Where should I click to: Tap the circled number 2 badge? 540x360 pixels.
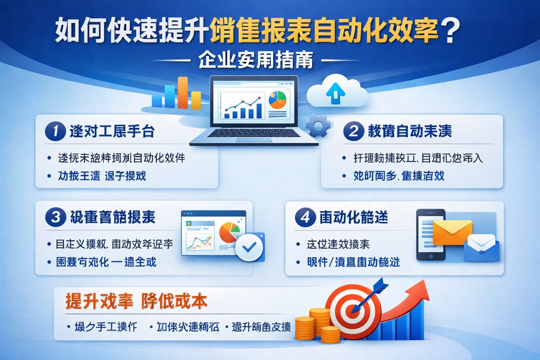353,131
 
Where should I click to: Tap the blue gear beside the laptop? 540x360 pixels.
319,126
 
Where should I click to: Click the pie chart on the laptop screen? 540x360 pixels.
277,99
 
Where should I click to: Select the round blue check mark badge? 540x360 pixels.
249,246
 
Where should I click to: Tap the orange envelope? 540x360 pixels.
452,232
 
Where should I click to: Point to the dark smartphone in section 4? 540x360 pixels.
428,234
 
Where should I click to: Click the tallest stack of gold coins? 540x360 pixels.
319,323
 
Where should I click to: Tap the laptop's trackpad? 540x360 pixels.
254,139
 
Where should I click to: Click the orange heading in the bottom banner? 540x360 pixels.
136,301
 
